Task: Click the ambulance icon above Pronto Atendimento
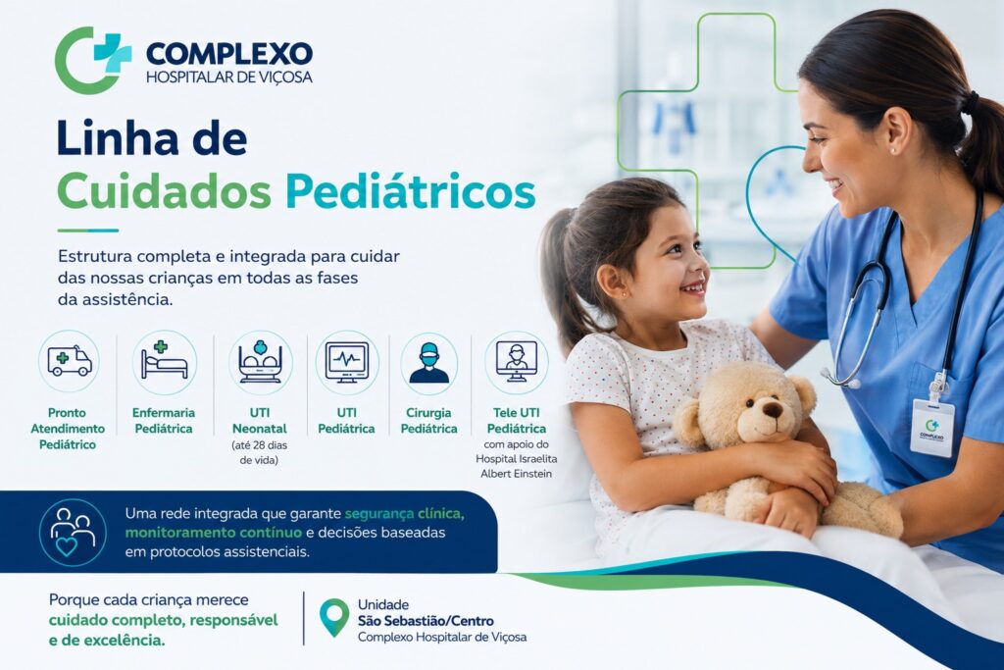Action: pyautogui.click(x=70, y=361)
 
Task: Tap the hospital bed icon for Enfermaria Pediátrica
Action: pyautogui.click(x=165, y=362)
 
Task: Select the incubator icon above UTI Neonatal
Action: pyautogui.click(x=260, y=362)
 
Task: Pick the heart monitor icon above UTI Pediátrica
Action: pyautogui.click(x=347, y=362)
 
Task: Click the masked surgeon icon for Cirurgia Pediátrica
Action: pyautogui.click(x=429, y=363)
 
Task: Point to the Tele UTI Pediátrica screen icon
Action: pyautogui.click(x=516, y=362)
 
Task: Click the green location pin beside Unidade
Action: pyautogui.click(x=334, y=617)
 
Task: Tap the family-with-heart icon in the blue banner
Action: pyautogui.click(x=73, y=533)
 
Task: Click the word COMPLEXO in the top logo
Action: pyautogui.click(x=229, y=54)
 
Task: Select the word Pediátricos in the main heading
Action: pyautogui.click(x=411, y=190)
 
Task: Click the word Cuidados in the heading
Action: pyautogui.click(x=164, y=190)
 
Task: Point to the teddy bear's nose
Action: pyautogui.click(x=773, y=409)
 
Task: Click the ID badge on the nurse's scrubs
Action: pyautogui.click(x=932, y=428)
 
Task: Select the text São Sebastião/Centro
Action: pyautogui.click(x=426, y=621)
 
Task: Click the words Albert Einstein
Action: pyautogui.click(x=516, y=474)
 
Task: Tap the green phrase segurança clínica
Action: pyautogui.click(x=405, y=514)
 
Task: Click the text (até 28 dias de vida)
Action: pyautogui.click(x=259, y=452)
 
